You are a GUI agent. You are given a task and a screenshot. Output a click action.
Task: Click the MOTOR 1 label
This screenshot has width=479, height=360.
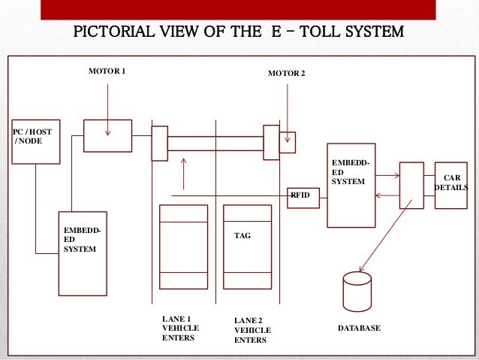(x=107, y=71)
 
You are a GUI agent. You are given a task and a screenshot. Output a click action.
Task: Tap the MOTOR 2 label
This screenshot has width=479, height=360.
(x=287, y=74)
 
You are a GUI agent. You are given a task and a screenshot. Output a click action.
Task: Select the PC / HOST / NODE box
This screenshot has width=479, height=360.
(x=36, y=141)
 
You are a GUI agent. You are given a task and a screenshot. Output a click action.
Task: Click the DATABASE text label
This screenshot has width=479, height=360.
(x=359, y=329)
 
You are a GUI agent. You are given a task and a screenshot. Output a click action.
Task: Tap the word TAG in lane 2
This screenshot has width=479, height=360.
(x=243, y=235)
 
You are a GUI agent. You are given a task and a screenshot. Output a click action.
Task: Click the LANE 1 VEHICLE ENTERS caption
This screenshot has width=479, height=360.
(x=178, y=328)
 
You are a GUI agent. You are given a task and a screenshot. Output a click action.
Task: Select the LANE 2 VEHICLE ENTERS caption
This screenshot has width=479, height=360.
(x=252, y=330)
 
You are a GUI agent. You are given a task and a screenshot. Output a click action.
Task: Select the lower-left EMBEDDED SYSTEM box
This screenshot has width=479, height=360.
(x=83, y=253)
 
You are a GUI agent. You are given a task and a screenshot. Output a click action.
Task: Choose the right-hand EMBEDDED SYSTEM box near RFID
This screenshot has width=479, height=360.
(x=351, y=184)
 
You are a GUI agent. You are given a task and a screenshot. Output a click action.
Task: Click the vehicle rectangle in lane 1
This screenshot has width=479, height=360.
(x=183, y=246)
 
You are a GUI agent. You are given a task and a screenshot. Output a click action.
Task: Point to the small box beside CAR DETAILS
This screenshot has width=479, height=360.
(x=412, y=184)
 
